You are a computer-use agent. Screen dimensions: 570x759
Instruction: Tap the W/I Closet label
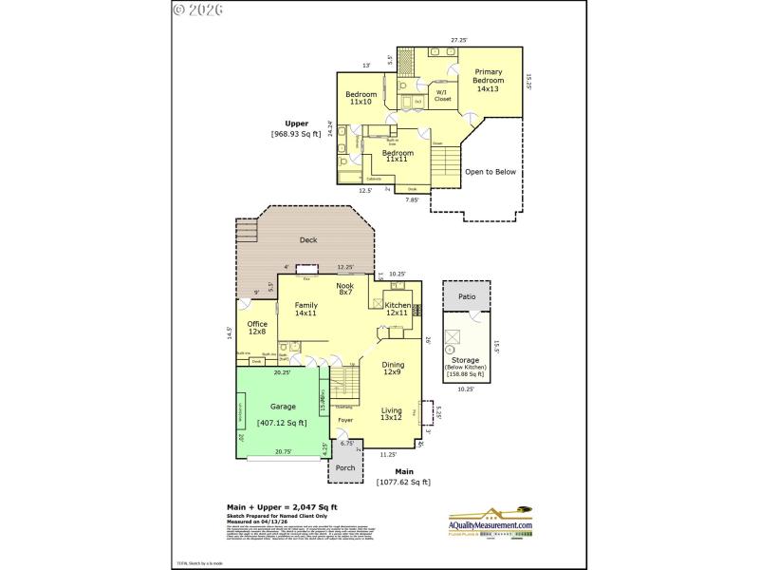pyautogui.click(x=442, y=96)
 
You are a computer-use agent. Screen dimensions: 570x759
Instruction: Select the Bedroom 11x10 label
pyautogui.click(x=361, y=98)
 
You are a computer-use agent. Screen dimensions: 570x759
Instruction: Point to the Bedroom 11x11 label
pyautogui.click(x=398, y=156)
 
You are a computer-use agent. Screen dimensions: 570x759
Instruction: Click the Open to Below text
pyautogui.click(x=491, y=172)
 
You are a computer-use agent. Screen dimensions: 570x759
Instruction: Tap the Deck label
pyautogui.click(x=308, y=240)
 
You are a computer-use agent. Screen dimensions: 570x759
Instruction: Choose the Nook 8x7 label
pyautogui.click(x=345, y=289)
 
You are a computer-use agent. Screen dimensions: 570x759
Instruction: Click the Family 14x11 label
pyautogui.click(x=305, y=309)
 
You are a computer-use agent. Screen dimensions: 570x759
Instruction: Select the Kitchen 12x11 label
pyautogui.click(x=397, y=309)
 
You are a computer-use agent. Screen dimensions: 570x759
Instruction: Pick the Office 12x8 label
pyautogui.click(x=257, y=328)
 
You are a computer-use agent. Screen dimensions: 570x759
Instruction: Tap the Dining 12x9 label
pyautogui.click(x=393, y=369)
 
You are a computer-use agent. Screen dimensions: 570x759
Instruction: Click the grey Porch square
pyautogui.click(x=345, y=467)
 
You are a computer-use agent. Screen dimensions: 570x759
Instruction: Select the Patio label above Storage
pyautogui.click(x=466, y=296)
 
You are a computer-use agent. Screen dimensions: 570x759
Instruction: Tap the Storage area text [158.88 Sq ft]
pyautogui.click(x=465, y=374)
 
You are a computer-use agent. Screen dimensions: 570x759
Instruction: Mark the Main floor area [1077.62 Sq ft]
pyautogui.click(x=404, y=482)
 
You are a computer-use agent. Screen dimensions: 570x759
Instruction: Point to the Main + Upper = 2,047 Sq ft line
pyautogui.click(x=282, y=507)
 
